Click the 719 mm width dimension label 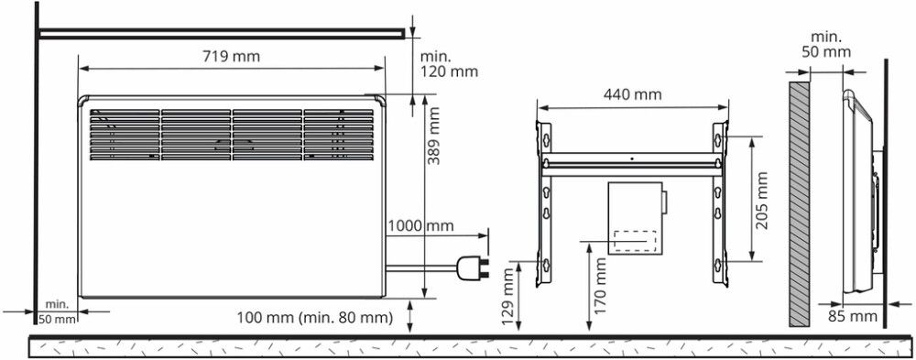coord(231,56)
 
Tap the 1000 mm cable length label coord(420,225)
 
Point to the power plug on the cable coord(476,268)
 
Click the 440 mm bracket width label coord(632,95)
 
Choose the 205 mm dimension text coord(763,199)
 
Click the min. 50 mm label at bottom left coord(58,311)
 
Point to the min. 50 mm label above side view coord(825,44)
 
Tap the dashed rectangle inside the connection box coord(634,240)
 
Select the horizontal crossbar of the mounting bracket coord(632,168)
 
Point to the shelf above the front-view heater coord(220,33)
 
